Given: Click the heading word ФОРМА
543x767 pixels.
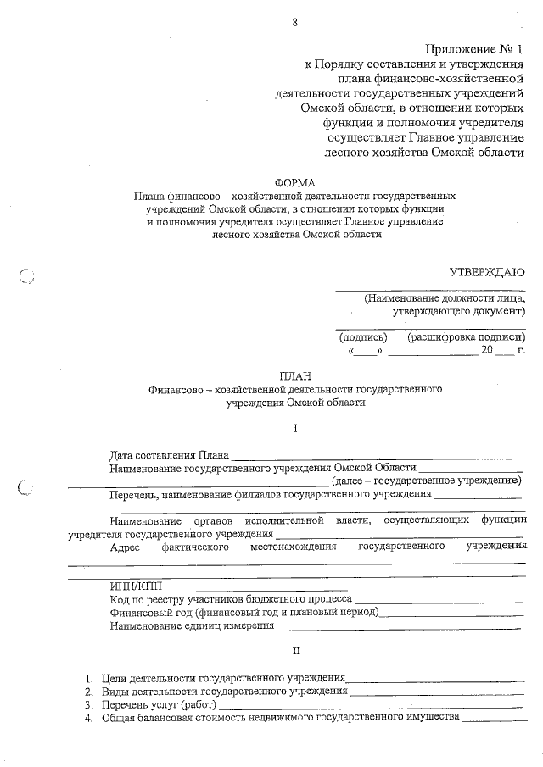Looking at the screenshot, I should click(x=294, y=182).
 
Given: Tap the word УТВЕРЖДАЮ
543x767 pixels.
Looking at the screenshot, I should click(x=487, y=272).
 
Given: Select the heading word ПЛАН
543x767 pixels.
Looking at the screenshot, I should click(x=295, y=375).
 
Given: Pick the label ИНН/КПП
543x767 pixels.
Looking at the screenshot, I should click(x=135, y=586).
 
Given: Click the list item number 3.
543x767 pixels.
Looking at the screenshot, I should click(x=87, y=704).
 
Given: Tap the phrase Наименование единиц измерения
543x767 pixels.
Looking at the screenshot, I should click(x=192, y=626).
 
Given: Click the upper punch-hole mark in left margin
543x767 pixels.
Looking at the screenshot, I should click(x=25, y=275).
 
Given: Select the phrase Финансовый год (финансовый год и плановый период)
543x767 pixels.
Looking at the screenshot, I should click(x=244, y=612).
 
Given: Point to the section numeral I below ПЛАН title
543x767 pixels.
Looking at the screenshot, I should click(x=295, y=429).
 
